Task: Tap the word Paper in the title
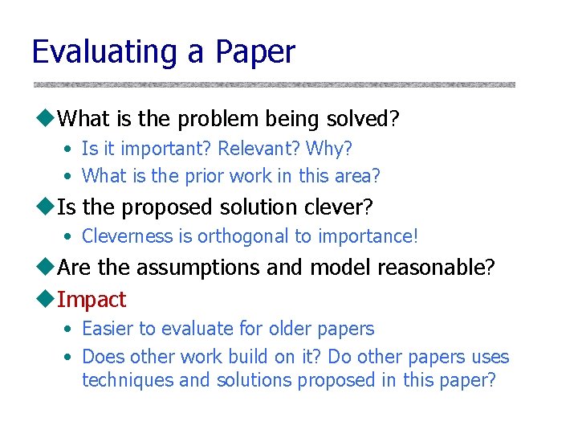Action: pos(254,52)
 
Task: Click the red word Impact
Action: pos(92,300)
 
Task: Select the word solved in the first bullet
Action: pos(363,120)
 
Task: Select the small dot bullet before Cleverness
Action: pos(71,237)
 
